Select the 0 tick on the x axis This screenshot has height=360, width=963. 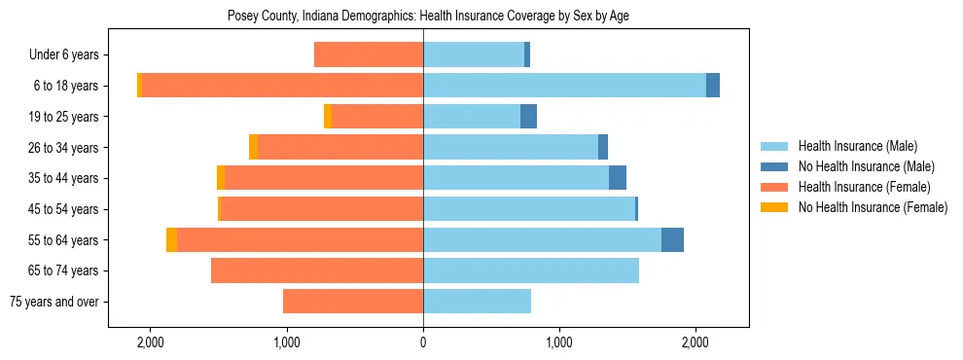pos(423,343)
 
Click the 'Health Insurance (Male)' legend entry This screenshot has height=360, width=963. pos(857,146)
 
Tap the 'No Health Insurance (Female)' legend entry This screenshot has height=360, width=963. pos(873,207)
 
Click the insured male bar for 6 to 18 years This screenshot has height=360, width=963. pos(564,86)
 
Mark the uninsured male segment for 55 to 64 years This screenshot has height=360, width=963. pos(672,240)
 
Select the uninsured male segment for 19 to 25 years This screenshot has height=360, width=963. pos(528,117)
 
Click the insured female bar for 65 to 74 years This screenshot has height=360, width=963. pos(317,270)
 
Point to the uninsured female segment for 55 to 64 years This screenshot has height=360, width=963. pos(172,240)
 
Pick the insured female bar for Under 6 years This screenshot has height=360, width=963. pos(369,55)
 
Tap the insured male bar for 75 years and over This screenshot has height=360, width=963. pos(477,302)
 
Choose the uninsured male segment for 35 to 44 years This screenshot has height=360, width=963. pos(618,178)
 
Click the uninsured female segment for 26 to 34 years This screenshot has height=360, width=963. pos(254,148)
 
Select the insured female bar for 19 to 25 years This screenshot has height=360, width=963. pos(377,117)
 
